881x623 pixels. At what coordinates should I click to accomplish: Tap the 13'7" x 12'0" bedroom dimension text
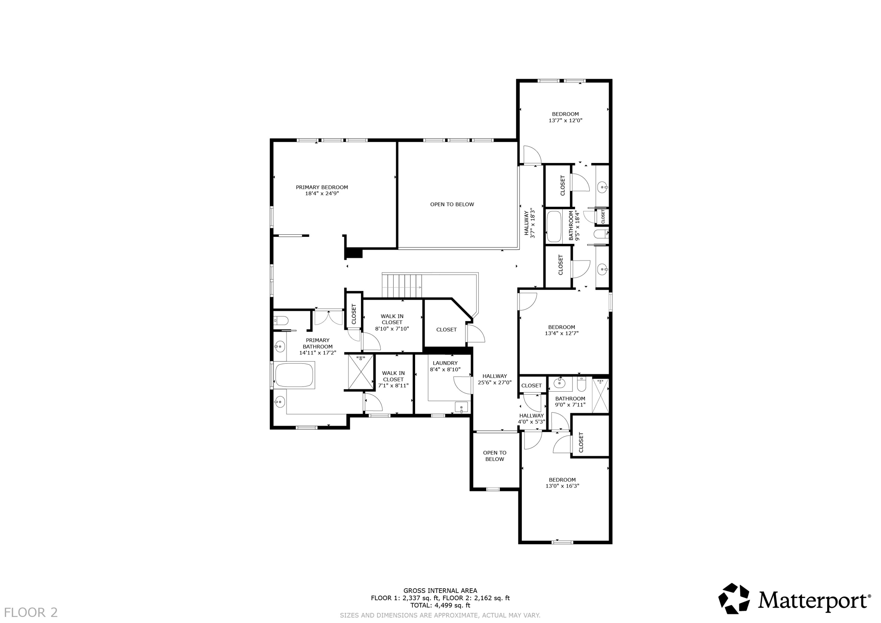[x=565, y=121]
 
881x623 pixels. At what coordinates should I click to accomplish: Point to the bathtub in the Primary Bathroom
[x=295, y=375]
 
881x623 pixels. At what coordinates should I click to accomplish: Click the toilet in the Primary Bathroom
[x=281, y=320]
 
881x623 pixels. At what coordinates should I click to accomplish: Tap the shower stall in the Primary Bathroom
[x=360, y=372]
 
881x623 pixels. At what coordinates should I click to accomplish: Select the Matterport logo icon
[x=734, y=598]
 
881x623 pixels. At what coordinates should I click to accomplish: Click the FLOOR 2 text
[x=31, y=612]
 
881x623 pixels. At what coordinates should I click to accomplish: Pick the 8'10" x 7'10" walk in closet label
[x=392, y=322]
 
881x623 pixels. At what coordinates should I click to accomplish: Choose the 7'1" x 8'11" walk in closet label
[x=393, y=380]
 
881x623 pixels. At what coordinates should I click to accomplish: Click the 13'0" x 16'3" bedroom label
[x=562, y=483]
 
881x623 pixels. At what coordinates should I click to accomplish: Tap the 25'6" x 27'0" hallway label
[x=495, y=379]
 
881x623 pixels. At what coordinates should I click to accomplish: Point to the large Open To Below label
[x=452, y=204]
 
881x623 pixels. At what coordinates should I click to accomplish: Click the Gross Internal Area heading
[x=440, y=591]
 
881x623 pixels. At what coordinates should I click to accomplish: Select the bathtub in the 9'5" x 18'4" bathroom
[x=554, y=226]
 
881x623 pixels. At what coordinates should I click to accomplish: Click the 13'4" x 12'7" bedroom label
[x=561, y=330]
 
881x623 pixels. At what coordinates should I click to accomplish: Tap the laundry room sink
[x=461, y=407]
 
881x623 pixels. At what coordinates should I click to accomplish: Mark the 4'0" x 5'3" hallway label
[x=531, y=419]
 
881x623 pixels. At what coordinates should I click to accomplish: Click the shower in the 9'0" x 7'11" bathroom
[x=601, y=396]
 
